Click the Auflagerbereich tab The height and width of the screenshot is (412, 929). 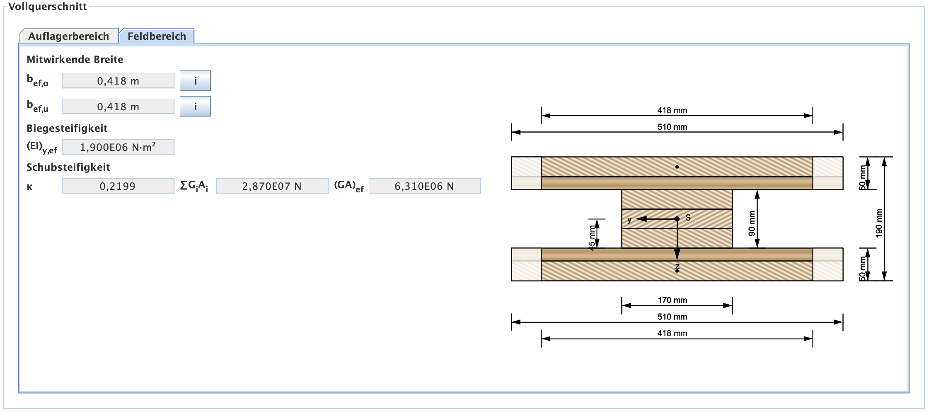pyautogui.click(x=69, y=36)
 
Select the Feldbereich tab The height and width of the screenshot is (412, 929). pyautogui.click(x=157, y=36)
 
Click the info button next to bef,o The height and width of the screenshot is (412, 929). pyautogui.click(x=195, y=81)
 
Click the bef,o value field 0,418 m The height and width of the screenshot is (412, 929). pyautogui.click(x=118, y=81)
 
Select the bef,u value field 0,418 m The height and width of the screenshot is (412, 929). pyautogui.click(x=118, y=107)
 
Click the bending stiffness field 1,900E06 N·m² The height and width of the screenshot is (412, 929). pyautogui.click(x=118, y=147)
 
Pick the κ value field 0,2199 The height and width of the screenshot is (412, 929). pyautogui.click(x=118, y=186)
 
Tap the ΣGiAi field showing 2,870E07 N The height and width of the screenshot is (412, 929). pyautogui.click(x=272, y=186)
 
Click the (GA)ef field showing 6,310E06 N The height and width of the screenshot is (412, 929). pyautogui.click(x=424, y=186)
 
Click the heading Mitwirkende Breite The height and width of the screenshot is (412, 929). pyautogui.click(x=75, y=60)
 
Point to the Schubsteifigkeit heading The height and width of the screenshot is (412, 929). pyautogui.click(x=68, y=167)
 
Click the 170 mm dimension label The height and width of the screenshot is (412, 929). pyautogui.click(x=672, y=300)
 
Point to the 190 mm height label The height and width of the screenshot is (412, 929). pyautogui.click(x=879, y=223)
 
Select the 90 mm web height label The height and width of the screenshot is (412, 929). pyautogui.click(x=752, y=223)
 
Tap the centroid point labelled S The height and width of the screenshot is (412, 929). pyautogui.click(x=677, y=219)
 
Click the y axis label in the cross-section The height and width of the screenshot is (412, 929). pyautogui.click(x=629, y=220)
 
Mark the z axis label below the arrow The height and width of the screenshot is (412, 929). pyautogui.click(x=677, y=266)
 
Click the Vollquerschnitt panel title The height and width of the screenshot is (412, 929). pyautogui.click(x=48, y=7)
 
